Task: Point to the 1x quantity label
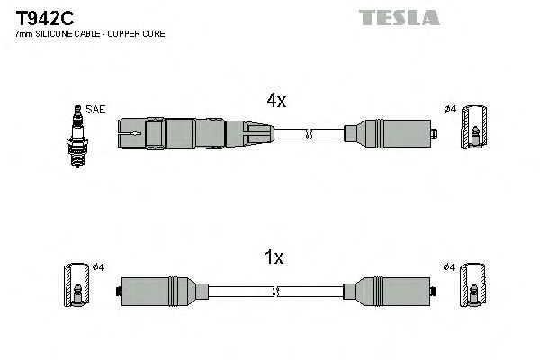point(274,258)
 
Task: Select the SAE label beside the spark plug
point(96,110)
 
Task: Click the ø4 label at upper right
point(451,110)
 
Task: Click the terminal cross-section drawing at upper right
point(474,137)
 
